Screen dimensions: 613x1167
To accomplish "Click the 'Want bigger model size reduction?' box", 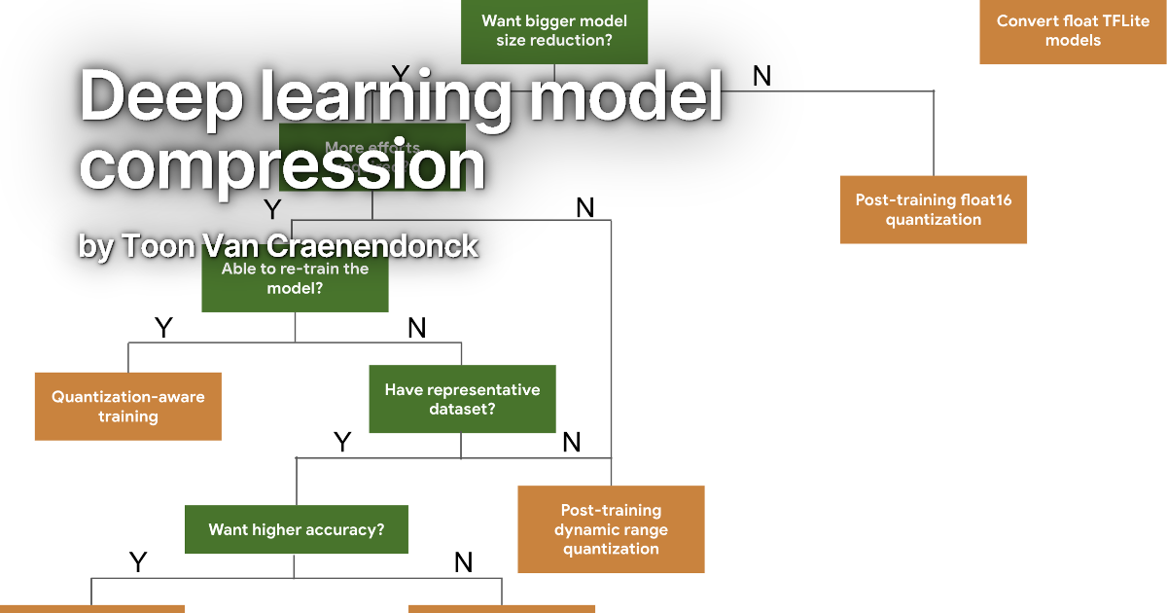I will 554,31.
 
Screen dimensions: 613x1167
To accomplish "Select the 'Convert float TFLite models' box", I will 1073,31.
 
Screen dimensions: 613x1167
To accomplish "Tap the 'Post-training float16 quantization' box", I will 933,209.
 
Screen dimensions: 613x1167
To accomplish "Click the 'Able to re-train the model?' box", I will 295,279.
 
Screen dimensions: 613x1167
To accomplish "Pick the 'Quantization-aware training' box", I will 128,406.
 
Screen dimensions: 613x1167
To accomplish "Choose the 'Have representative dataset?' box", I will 462,399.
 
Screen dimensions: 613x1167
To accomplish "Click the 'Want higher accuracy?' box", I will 296,530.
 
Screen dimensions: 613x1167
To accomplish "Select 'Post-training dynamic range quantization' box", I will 611,529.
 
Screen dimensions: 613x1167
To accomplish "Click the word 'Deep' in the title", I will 156,97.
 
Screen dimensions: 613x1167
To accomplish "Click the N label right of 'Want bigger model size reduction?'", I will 761,76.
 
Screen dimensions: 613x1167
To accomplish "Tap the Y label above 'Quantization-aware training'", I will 163,329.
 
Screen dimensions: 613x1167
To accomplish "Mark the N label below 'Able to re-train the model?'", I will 417,329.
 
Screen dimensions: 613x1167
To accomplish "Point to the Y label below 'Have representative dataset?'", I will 342,443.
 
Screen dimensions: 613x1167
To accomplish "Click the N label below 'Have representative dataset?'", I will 572,443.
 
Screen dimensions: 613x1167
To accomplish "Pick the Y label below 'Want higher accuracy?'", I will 138,561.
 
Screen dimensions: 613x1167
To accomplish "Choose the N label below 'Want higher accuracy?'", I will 464,561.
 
